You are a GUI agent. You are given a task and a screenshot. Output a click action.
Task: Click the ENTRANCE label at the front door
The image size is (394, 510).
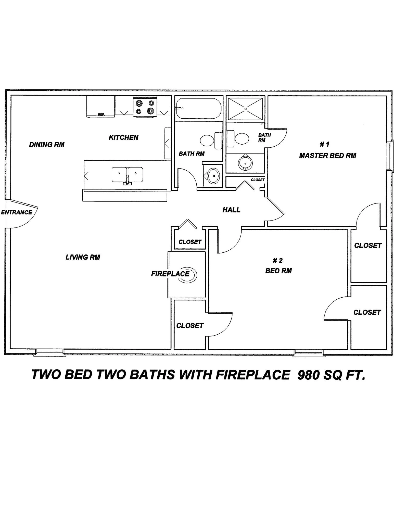17,212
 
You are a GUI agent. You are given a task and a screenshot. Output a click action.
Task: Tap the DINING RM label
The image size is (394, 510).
47,145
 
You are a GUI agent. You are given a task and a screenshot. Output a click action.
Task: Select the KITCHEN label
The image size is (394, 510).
124,137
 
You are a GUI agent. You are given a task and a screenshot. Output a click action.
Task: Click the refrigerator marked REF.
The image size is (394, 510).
100,106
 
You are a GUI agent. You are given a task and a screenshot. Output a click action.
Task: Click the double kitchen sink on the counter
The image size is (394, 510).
127,175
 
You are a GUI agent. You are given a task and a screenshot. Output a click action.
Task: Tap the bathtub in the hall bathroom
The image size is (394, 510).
197,108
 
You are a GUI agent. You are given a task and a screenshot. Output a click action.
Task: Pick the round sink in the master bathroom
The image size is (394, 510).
245,162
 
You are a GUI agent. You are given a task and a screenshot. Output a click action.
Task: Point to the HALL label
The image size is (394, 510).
231,210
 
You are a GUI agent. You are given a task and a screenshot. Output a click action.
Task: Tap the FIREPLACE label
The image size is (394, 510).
170,274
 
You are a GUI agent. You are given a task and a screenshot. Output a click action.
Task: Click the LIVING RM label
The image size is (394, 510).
83,257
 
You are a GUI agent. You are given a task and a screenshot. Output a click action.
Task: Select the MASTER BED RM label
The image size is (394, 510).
328,155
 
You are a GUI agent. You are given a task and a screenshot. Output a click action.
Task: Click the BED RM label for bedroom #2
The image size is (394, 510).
278,271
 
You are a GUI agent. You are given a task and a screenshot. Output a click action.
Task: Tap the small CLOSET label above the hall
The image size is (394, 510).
258,180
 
